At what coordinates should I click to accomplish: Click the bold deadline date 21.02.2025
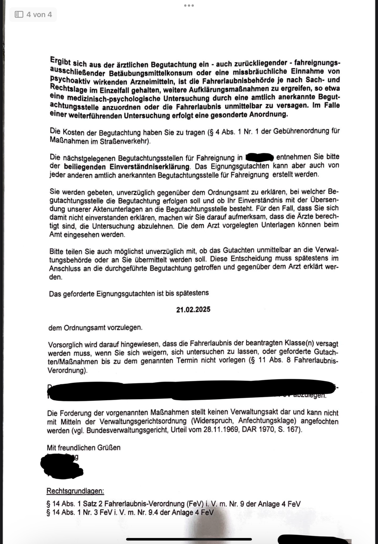pos(193,310)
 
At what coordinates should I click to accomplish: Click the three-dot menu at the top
pos(189,5)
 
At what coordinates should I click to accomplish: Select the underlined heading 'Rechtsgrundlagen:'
pos(75,491)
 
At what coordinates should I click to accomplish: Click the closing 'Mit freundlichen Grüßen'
pos(84,447)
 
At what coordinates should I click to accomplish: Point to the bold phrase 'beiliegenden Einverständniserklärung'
pos(127,166)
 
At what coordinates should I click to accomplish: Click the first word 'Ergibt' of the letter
pos(60,61)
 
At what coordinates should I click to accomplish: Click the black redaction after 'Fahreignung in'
pos(260,157)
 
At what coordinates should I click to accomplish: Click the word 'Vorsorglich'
pos(66,345)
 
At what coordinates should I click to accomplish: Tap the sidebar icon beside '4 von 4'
pos(19,14)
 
